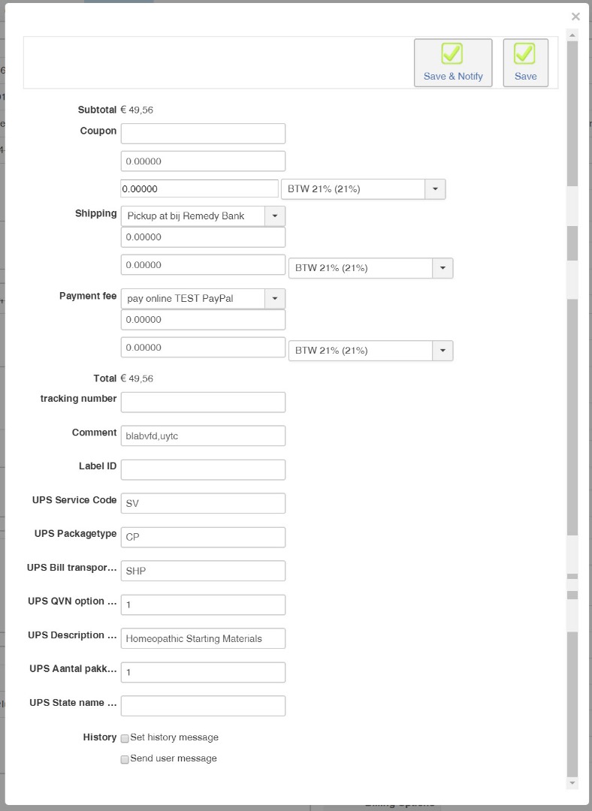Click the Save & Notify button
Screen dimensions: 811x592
coord(453,62)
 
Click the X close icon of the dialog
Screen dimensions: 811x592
coord(575,17)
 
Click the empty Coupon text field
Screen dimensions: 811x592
coord(203,134)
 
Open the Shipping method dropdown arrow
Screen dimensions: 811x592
coord(275,216)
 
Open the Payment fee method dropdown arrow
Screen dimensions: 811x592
coord(275,298)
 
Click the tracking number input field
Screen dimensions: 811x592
coord(203,402)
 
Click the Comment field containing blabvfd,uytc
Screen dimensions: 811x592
coord(203,436)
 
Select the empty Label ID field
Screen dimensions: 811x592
coord(203,469)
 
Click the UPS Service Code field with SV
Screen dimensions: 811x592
coord(203,503)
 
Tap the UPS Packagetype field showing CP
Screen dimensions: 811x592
coord(203,537)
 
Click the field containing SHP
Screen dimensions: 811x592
coord(203,571)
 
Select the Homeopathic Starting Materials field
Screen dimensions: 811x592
coord(203,638)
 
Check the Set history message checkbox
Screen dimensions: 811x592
coord(125,738)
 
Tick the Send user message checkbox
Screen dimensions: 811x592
coord(125,759)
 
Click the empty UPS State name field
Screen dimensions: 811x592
coord(203,706)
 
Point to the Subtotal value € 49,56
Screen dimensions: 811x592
coord(137,110)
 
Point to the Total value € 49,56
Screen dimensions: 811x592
coord(137,378)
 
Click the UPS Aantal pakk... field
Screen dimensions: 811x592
coord(203,672)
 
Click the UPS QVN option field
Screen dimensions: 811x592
coord(203,604)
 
